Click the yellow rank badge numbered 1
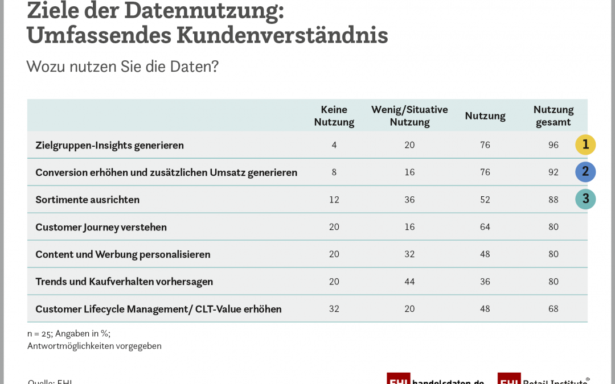pyautogui.click(x=585, y=145)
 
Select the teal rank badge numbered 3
pyautogui.click(x=585, y=200)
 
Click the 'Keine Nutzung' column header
pyautogui.click(x=334, y=115)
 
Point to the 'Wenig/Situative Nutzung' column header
pyautogui.click(x=409, y=115)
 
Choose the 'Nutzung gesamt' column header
pyautogui.click(x=553, y=115)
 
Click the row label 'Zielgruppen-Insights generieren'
pyautogui.click(x=109, y=145)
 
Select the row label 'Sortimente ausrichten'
pyautogui.click(x=87, y=200)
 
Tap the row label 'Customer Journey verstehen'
pyautogui.click(x=101, y=227)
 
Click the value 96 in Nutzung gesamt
pyautogui.click(x=553, y=145)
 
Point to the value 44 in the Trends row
pyautogui.click(x=409, y=282)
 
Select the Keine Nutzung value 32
pyautogui.click(x=334, y=309)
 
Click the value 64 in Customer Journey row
pyautogui.click(x=485, y=227)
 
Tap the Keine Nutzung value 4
pyautogui.click(x=334, y=145)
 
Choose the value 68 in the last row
pyautogui.click(x=553, y=309)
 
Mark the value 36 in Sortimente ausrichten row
pyautogui.click(x=409, y=200)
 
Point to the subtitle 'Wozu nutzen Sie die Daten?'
pyautogui.click(x=122, y=67)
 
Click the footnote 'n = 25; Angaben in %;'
pyautogui.click(x=68, y=334)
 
